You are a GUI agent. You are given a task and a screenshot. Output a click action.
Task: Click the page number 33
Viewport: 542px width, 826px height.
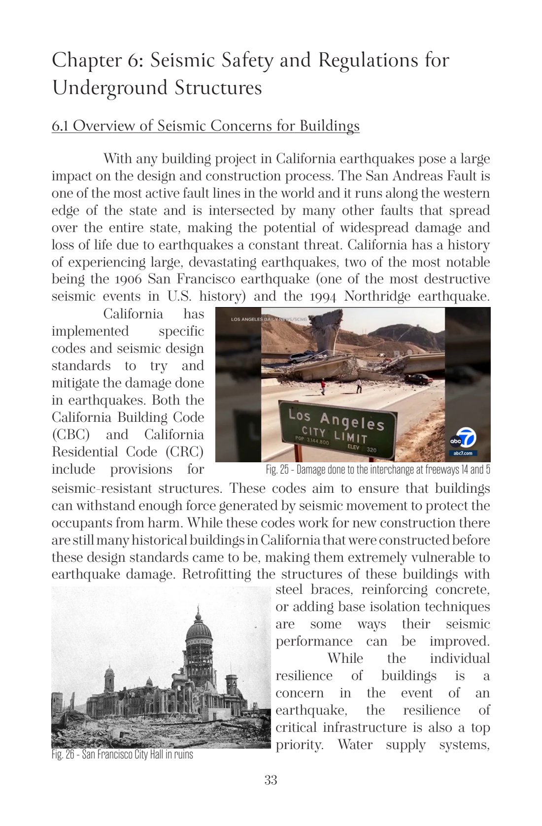[x=271, y=780]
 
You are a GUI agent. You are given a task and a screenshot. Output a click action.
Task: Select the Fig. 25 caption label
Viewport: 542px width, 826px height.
[x=277, y=470]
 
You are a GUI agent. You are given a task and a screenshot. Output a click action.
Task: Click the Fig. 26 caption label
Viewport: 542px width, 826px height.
[x=63, y=755]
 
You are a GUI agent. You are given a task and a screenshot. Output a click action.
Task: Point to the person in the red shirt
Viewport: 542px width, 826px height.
[x=323, y=386]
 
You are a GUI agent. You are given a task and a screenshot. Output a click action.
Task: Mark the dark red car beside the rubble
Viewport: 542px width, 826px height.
[x=418, y=379]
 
